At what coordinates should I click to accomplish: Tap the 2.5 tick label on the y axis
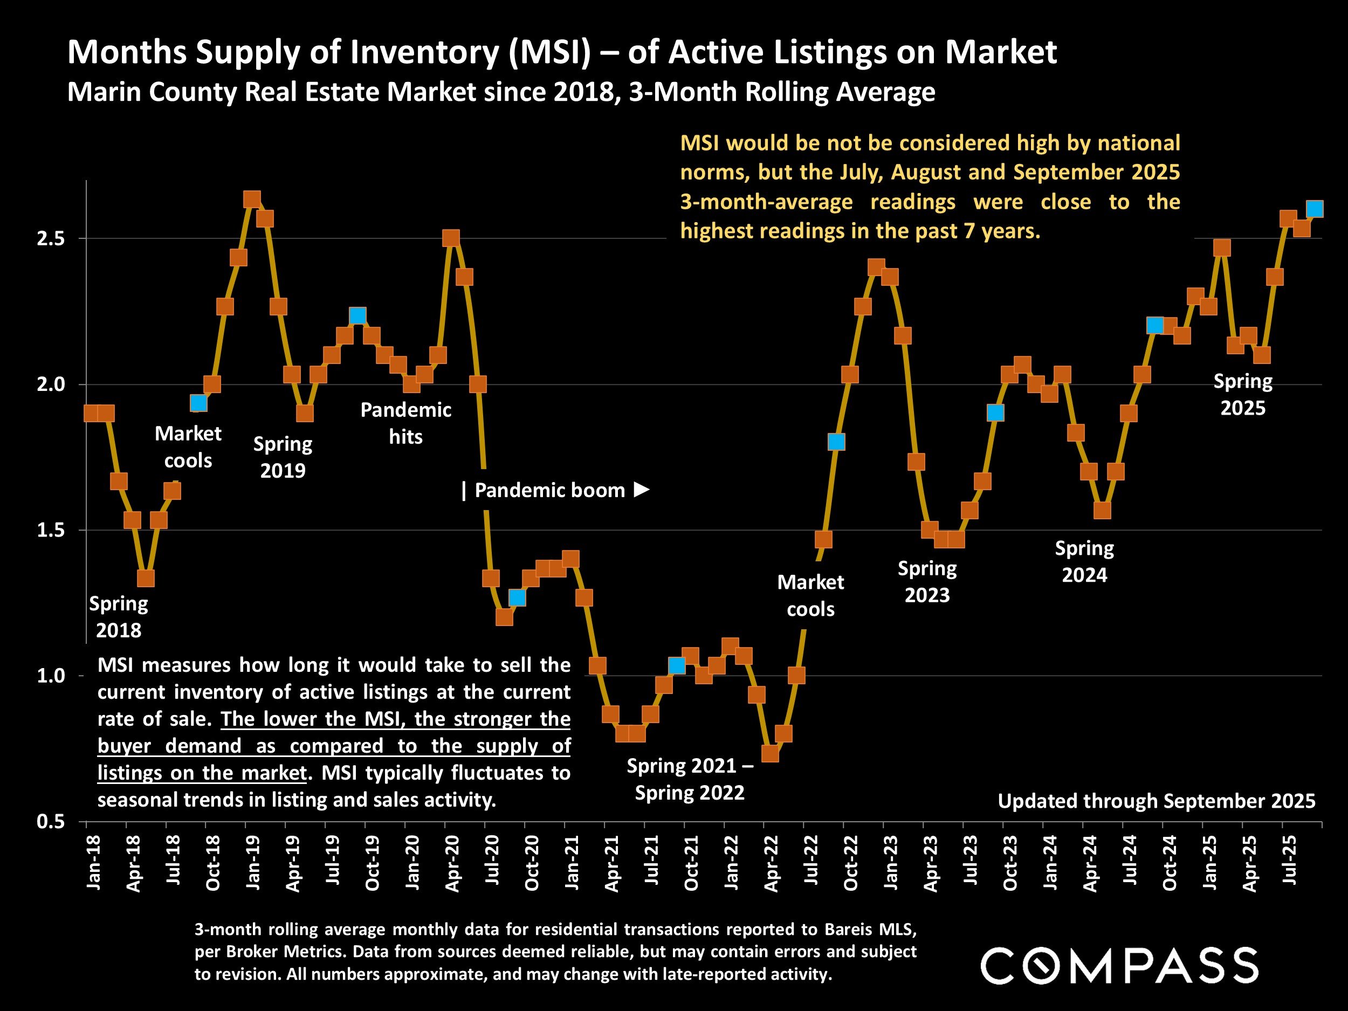[51, 238]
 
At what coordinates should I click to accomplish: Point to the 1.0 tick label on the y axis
[51, 676]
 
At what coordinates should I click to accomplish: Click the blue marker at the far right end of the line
[1315, 209]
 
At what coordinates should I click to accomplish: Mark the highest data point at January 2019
[252, 200]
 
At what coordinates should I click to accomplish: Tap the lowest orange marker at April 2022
[769, 754]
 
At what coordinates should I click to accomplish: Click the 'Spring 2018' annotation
[119, 617]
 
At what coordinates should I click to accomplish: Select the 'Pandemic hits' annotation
[406, 423]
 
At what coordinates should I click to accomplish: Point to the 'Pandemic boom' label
[549, 491]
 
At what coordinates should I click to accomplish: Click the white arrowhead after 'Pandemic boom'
[641, 490]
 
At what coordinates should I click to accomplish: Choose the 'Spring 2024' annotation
[1084, 561]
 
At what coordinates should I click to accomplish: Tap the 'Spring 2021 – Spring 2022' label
[689, 779]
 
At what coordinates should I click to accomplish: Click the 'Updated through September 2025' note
[1156, 801]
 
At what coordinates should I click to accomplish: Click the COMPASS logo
[1119, 965]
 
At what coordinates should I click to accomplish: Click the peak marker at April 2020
[451, 238]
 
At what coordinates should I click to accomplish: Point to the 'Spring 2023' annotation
[927, 581]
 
